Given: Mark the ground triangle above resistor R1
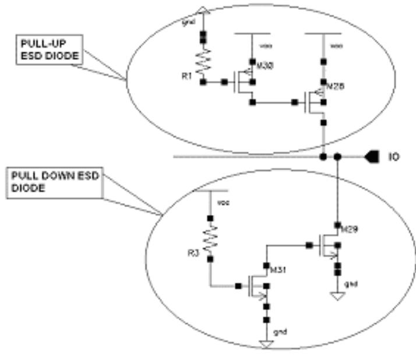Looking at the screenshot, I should [203, 8].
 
